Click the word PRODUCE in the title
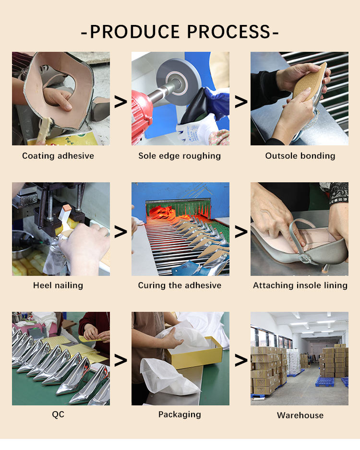[x=135, y=31]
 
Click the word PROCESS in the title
[x=229, y=31]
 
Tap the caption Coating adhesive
[x=58, y=155]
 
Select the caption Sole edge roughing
[x=180, y=156]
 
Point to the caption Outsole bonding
[x=300, y=155]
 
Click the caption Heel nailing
[x=58, y=285]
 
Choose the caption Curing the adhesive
[x=180, y=285]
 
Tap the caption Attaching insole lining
[x=300, y=285]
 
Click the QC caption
[x=58, y=414]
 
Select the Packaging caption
[x=180, y=414]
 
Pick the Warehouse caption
[x=300, y=415]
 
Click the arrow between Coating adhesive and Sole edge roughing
[x=120, y=102]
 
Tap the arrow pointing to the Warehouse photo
[x=241, y=360]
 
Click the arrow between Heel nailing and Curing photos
[x=120, y=232]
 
